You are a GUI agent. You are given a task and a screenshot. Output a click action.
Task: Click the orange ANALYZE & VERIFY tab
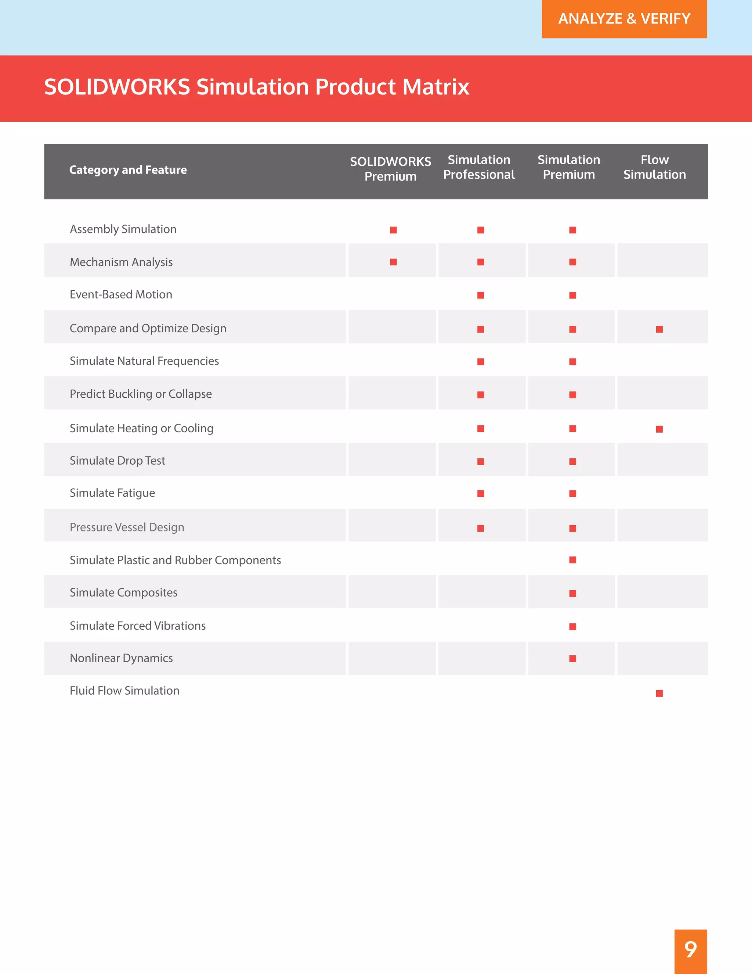624,19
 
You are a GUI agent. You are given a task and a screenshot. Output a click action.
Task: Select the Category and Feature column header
128,170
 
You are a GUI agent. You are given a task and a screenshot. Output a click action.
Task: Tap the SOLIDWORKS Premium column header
390,169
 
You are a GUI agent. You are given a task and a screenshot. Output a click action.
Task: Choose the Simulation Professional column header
479,167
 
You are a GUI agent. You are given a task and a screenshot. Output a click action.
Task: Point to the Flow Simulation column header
654,167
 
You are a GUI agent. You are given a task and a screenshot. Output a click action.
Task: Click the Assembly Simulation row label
123,229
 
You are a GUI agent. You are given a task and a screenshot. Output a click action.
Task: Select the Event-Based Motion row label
121,294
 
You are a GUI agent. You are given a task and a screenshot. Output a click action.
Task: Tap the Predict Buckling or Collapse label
140,394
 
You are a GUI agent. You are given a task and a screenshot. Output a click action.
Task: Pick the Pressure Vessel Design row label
127,527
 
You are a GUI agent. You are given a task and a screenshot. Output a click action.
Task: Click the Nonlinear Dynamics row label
121,658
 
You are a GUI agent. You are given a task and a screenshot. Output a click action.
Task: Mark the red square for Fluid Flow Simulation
659,693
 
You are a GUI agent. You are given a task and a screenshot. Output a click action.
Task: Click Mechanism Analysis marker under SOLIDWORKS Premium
393,262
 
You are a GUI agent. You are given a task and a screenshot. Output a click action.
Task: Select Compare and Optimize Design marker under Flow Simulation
659,329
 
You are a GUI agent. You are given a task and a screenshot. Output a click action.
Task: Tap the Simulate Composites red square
573,594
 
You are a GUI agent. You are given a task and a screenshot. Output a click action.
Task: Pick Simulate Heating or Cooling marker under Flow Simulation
659,429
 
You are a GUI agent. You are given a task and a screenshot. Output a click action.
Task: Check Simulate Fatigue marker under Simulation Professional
481,494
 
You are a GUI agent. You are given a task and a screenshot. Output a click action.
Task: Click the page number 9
691,949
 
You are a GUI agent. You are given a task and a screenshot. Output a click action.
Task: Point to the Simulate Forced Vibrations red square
573,627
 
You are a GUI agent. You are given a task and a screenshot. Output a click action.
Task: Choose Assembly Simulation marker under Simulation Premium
573,230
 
